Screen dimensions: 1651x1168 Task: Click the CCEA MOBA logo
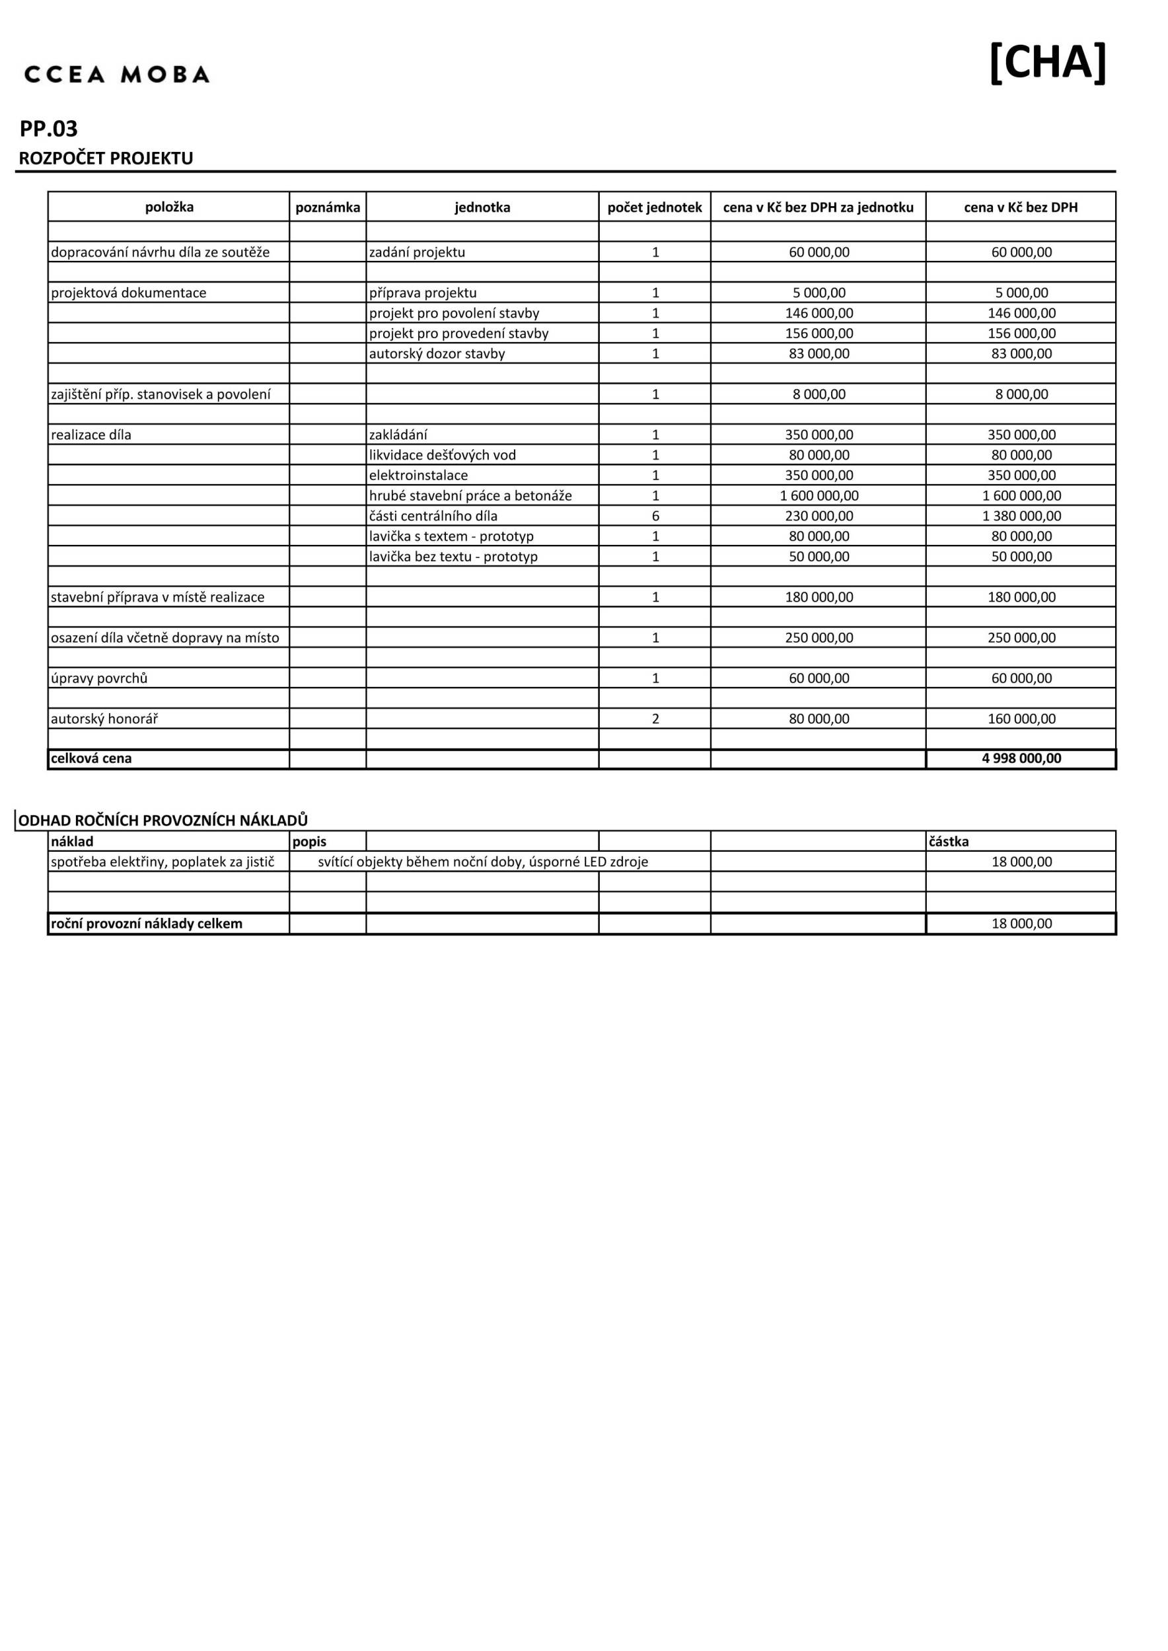click(116, 74)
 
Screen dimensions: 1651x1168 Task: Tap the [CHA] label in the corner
click(1047, 63)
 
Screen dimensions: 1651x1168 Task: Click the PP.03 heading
click(49, 129)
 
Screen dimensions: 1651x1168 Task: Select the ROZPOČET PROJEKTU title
click(106, 158)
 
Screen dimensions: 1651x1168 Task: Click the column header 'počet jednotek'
click(655, 207)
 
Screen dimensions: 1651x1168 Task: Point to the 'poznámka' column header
click(327, 207)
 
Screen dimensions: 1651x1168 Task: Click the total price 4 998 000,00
click(1021, 758)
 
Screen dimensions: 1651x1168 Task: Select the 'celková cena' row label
click(91, 758)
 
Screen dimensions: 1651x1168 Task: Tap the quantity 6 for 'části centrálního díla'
click(655, 516)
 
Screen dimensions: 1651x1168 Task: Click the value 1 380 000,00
click(1021, 516)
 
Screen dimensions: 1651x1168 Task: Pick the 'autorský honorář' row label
click(104, 719)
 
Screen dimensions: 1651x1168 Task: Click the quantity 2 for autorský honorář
click(655, 719)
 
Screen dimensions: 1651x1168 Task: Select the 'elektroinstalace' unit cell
click(419, 475)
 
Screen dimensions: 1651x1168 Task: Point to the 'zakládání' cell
click(398, 435)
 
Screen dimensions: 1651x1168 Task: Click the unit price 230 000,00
click(819, 516)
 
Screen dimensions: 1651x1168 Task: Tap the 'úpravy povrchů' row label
click(99, 678)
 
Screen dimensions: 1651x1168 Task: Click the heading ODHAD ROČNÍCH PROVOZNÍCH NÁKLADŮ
click(163, 820)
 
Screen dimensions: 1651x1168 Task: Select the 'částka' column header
click(949, 841)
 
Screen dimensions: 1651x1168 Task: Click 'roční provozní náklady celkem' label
click(147, 923)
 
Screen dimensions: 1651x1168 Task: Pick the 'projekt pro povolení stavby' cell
click(454, 313)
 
